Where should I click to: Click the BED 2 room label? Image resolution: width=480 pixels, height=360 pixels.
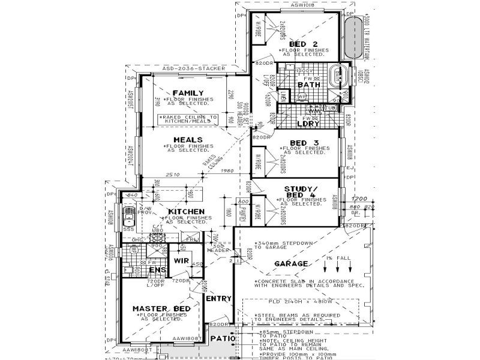click(303, 44)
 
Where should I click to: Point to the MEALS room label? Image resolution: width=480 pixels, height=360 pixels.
click(186, 140)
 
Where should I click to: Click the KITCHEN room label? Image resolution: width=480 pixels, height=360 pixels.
click(187, 212)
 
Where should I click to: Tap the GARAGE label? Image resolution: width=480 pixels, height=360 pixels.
click(291, 263)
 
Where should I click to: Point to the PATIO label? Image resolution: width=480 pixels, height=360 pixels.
click(223, 339)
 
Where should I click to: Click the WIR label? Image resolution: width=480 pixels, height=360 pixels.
click(182, 262)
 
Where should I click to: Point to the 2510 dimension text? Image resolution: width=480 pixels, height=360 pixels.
click(173, 175)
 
